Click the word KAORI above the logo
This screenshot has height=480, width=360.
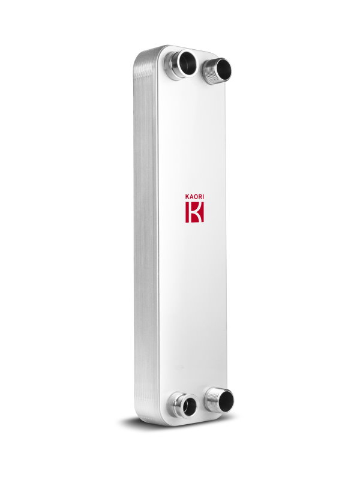point(194,197)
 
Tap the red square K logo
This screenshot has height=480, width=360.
point(194,212)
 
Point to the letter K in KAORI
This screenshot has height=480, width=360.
point(187,197)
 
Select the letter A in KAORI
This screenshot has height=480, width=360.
point(191,197)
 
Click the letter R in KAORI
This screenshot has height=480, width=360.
point(200,197)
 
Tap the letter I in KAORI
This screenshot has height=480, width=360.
point(203,197)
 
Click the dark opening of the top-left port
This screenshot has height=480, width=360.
point(188,64)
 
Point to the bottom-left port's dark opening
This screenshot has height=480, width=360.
point(190,406)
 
